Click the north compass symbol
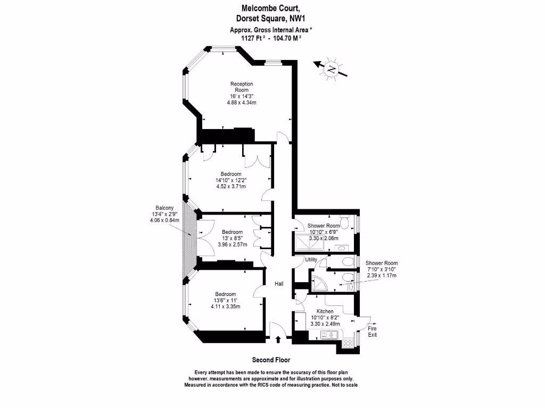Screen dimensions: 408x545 click(x=331, y=69)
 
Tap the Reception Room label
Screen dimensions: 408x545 click(x=241, y=87)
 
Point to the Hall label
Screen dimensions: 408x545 click(x=279, y=284)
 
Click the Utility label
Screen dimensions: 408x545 click(x=311, y=260)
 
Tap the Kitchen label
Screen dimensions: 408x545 click(x=325, y=311)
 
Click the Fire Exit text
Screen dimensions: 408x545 click(x=373, y=331)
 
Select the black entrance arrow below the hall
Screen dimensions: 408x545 click(x=278, y=338)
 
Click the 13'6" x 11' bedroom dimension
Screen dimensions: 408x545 click(x=225, y=300)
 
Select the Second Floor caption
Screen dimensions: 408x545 click(x=271, y=360)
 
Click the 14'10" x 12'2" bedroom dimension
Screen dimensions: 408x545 click(x=231, y=180)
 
